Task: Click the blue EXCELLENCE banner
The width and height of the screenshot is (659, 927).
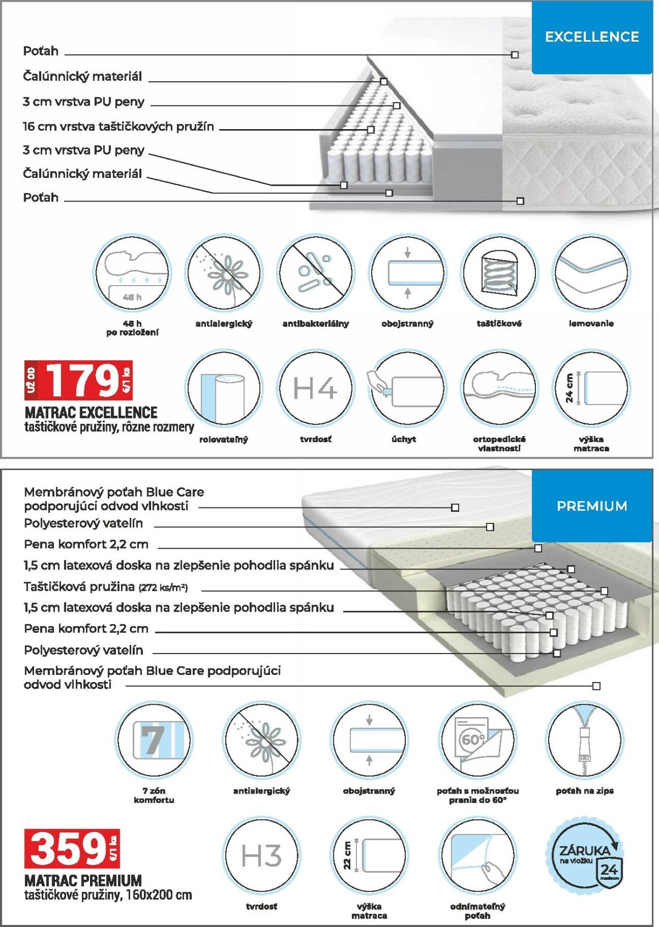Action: [x=591, y=37]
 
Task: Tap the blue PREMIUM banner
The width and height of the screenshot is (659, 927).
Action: [x=591, y=506]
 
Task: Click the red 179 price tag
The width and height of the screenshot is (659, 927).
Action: [x=79, y=381]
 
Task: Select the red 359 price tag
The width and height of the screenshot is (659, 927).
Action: [x=71, y=848]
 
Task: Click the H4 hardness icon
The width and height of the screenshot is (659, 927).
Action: [x=315, y=389]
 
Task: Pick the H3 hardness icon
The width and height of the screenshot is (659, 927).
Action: [x=261, y=856]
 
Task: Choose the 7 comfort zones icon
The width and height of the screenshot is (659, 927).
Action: [x=154, y=739]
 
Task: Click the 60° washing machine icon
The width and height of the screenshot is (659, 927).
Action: [x=477, y=739]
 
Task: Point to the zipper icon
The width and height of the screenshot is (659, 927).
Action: [x=584, y=739]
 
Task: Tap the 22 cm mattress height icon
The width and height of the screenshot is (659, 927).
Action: [x=369, y=856]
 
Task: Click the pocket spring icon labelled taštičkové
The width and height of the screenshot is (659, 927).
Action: [x=499, y=273]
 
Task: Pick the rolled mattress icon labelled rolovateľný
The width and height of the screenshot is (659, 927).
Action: [x=224, y=389]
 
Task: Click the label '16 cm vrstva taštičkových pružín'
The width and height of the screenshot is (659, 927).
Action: [x=118, y=127]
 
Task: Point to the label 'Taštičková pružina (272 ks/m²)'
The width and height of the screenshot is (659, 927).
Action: [x=105, y=587]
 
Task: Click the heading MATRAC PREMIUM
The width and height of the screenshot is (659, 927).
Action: [x=83, y=880]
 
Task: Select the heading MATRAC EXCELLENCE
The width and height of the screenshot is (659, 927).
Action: [x=91, y=412]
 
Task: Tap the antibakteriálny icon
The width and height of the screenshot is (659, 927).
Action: [x=315, y=273]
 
